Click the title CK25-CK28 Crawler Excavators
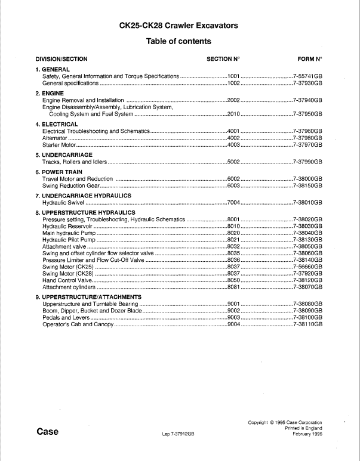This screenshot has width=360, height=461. pyautogui.click(x=179, y=26)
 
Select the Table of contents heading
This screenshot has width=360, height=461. pyautogui.click(x=179, y=42)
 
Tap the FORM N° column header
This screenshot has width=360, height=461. pyautogui.click(x=309, y=59)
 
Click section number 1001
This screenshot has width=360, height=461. pyautogui.click(x=233, y=77)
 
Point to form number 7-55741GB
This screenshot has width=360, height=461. pyautogui.click(x=307, y=77)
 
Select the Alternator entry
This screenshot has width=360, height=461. pyautogui.click(x=56, y=138)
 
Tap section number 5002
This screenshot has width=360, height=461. pyautogui.click(x=233, y=162)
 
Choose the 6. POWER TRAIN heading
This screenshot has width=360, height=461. pyautogui.click(x=59, y=172)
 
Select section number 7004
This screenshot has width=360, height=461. pyautogui.click(x=233, y=203)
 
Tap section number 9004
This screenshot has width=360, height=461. pyautogui.click(x=233, y=324)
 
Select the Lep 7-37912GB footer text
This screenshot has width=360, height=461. pyautogui.click(x=179, y=435)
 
